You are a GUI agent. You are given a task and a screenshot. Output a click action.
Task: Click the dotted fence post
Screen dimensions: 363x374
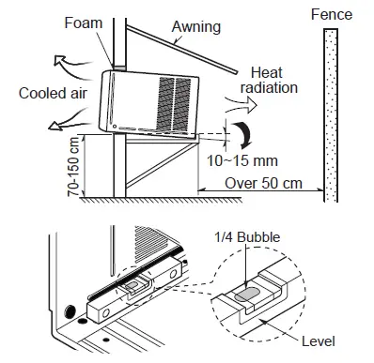point(330,113)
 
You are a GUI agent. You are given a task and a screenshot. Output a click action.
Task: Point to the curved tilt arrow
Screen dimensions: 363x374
point(244,132)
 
